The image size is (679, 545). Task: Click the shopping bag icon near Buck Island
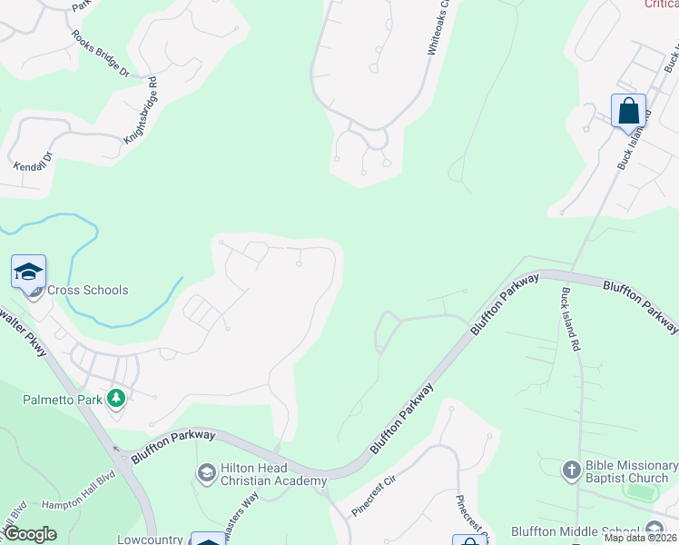tap(628, 112)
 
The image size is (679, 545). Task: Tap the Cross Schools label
tap(88, 291)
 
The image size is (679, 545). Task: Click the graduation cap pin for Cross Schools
tap(28, 272)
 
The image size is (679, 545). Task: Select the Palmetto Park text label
tap(62, 399)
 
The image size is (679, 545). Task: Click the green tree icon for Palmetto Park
tap(116, 399)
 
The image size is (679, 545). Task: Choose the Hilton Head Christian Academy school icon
tap(206, 472)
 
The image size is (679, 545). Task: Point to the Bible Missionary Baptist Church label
tap(627, 471)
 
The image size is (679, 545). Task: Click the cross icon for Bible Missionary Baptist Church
tap(571, 470)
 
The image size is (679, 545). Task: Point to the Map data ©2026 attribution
tap(641, 539)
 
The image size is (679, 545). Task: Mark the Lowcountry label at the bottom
tap(151, 539)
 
